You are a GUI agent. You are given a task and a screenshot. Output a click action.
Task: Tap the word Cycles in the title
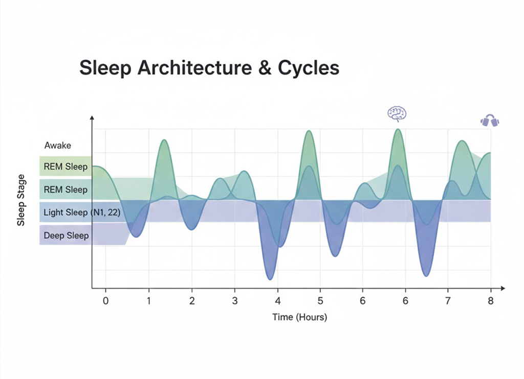pos(310,68)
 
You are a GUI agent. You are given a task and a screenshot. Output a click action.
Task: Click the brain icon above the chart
pos(396,114)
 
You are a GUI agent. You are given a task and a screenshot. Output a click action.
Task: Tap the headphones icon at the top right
pos(490,121)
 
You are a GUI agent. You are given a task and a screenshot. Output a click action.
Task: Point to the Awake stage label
pos(58,146)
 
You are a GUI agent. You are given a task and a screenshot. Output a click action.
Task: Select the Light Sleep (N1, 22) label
pos(82,212)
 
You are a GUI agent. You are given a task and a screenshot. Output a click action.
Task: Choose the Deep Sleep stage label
pos(66,235)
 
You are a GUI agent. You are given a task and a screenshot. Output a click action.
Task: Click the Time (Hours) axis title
pos(299,317)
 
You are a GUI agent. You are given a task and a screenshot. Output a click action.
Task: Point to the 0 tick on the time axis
pos(106,300)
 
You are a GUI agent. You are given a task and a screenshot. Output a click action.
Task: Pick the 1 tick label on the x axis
pos(149,300)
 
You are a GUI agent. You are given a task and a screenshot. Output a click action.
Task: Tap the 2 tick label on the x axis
pos(192,300)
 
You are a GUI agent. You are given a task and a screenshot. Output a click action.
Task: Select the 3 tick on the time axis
pos(234,300)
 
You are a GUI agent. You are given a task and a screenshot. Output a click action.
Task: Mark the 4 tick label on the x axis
pos(277,300)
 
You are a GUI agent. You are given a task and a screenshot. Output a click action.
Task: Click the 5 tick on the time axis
pos(320,300)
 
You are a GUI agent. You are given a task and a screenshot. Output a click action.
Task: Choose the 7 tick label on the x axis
pos(448,300)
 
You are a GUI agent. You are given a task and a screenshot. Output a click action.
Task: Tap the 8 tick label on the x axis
pos(491,300)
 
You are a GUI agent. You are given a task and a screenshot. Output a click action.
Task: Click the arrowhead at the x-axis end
pos(503,289)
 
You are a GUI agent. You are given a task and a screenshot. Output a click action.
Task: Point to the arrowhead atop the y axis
pos(92,119)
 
